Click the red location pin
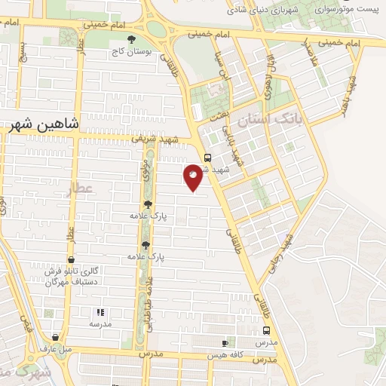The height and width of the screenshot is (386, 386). pyautogui.click(x=193, y=176)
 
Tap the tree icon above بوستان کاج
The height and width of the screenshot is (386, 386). pyautogui.click(x=132, y=38)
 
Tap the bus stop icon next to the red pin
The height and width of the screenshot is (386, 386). pyautogui.click(x=208, y=157)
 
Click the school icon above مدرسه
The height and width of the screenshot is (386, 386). pyautogui.click(x=100, y=311)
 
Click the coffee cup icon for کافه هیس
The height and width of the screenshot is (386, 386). pyautogui.click(x=225, y=343)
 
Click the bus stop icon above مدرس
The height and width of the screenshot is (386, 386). pyautogui.click(x=265, y=330)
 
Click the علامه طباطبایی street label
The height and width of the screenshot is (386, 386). pyautogui.click(x=149, y=302)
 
